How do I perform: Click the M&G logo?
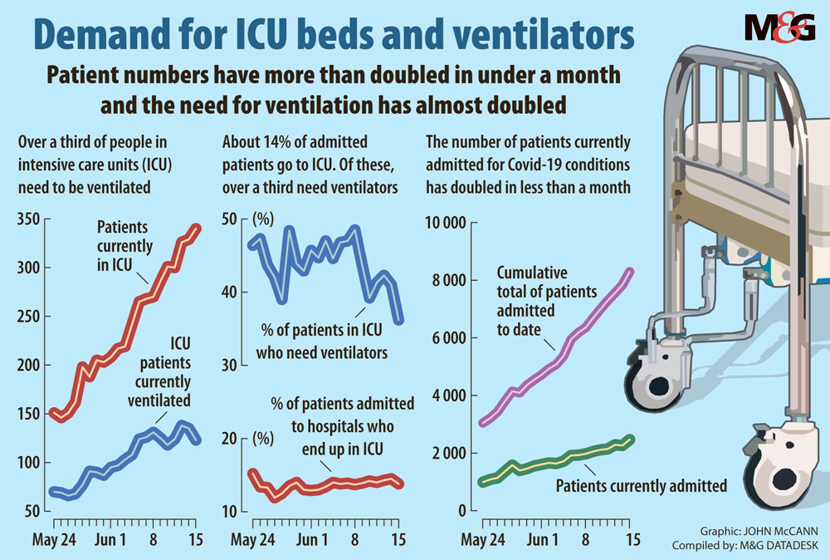(779, 27)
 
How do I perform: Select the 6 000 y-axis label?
(450, 338)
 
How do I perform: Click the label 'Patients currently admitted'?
(641, 485)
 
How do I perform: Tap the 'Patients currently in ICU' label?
(124, 246)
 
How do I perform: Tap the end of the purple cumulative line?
(632, 271)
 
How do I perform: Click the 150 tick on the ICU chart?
(32, 414)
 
